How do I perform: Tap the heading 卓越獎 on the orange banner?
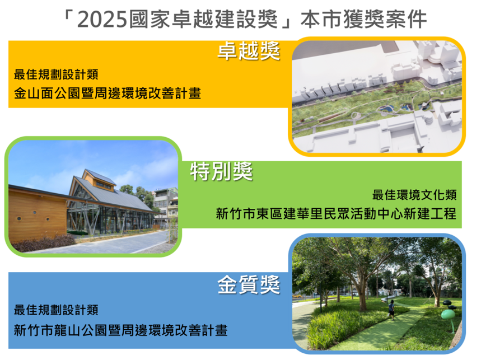249,51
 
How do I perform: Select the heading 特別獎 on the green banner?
222,171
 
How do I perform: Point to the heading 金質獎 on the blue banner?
249,284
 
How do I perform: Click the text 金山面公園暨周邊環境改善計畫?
108,93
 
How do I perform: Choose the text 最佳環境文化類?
414,195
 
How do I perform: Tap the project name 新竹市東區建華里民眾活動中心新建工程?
336,213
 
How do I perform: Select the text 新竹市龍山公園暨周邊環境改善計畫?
120,330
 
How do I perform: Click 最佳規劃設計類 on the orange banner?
56,74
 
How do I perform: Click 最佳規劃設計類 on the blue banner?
56,310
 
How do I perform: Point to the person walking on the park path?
391,310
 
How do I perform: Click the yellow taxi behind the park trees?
297,296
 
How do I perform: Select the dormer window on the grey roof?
104,185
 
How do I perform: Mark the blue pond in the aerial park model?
386,109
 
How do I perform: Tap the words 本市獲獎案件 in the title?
364,20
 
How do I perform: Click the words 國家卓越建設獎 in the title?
203,20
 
